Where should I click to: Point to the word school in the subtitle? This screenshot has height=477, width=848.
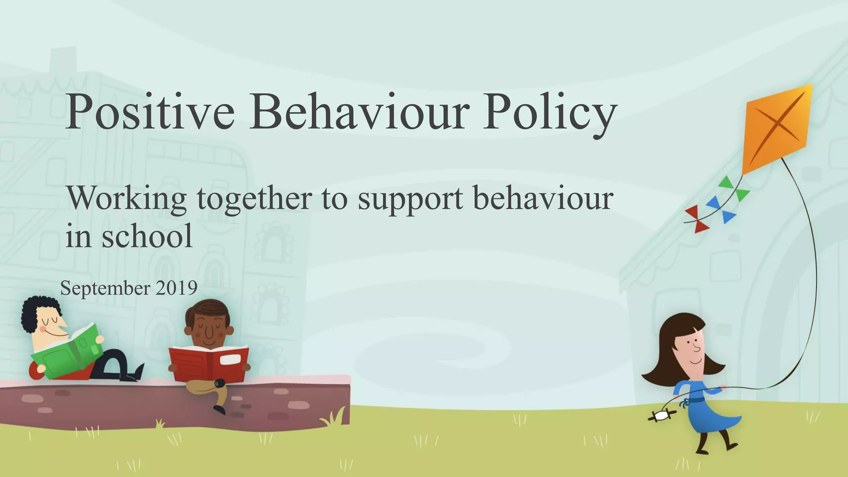coord(147,236)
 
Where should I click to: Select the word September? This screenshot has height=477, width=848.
coord(105,289)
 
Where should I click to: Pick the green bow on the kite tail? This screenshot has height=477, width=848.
coord(735,188)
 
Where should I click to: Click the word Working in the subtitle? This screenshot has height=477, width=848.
coord(127,199)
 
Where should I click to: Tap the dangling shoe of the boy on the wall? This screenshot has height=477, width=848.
coord(219,410)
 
